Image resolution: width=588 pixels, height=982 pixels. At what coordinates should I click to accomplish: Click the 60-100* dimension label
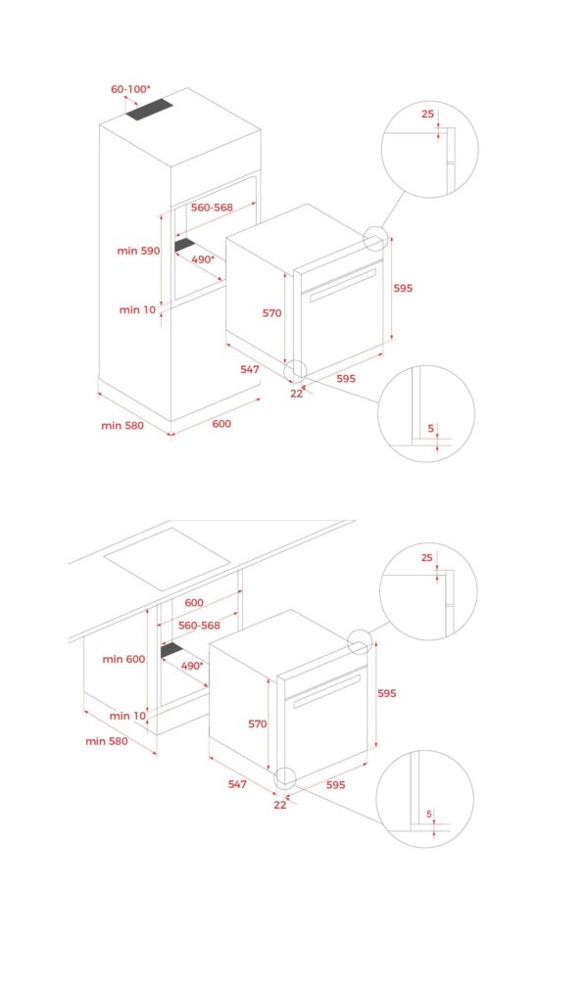(x=130, y=89)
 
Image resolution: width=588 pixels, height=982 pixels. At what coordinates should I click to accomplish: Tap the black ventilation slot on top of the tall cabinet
(x=150, y=111)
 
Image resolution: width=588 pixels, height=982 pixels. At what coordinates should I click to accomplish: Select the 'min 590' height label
(x=137, y=251)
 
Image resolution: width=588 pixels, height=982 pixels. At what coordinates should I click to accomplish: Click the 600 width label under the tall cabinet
(x=221, y=425)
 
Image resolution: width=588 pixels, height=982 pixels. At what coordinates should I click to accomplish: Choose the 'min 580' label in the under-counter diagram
(x=106, y=741)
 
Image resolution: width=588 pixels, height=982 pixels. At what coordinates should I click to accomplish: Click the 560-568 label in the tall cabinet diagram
(x=212, y=208)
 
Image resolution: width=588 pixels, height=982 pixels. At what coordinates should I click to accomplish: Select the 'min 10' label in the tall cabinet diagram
(x=137, y=309)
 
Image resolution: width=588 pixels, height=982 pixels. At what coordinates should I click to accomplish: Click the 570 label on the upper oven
(x=271, y=313)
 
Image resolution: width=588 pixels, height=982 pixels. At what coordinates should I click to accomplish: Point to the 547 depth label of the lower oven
(x=230, y=783)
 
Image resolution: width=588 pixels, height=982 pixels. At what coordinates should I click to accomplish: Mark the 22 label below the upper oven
(x=296, y=393)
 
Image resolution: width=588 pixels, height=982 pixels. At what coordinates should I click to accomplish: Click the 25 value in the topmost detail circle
(x=427, y=114)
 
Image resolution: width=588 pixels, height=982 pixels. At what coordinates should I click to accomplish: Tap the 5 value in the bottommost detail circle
(x=428, y=814)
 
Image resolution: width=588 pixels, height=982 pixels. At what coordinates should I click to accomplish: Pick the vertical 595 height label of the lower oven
(x=387, y=692)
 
